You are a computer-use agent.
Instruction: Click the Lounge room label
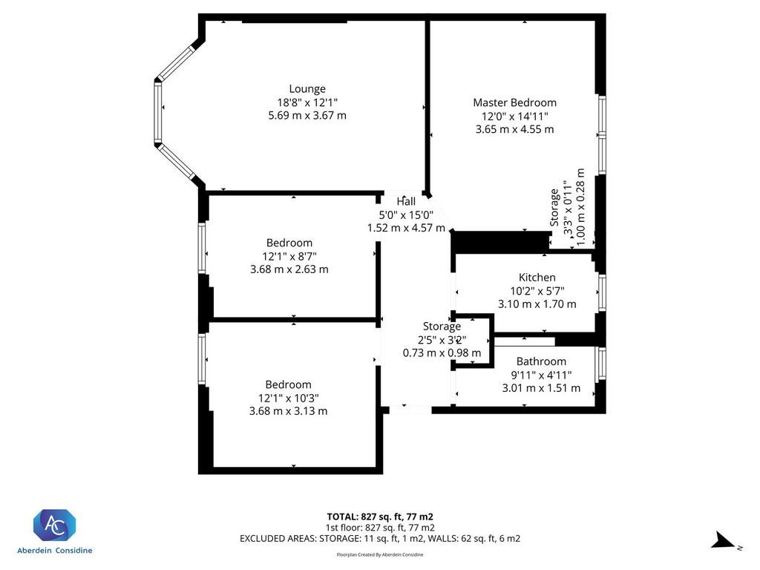tap(307, 89)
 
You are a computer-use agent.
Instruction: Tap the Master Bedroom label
tap(515, 102)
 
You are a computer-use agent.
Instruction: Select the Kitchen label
tap(537, 278)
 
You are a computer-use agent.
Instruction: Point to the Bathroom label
tap(541, 361)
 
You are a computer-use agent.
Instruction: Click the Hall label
tap(406, 201)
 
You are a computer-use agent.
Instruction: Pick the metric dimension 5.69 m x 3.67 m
tap(307, 115)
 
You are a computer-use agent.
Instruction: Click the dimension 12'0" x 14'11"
tap(515, 116)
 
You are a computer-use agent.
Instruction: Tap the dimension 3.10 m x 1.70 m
tap(537, 304)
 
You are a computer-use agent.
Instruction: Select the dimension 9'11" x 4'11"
tap(541, 375)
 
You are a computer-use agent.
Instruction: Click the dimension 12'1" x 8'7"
tap(289, 256)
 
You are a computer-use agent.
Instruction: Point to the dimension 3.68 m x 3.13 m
tap(289, 411)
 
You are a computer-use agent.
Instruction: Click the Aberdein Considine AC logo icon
tap(54, 525)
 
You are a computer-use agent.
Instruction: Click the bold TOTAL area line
tap(380, 517)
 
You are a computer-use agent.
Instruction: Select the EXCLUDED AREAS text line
tap(380, 539)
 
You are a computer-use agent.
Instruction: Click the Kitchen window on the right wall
tap(601, 293)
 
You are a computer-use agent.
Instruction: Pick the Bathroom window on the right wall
tap(601, 364)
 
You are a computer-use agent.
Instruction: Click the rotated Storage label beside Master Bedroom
tap(554, 208)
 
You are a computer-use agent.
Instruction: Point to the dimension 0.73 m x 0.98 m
tap(442, 353)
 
